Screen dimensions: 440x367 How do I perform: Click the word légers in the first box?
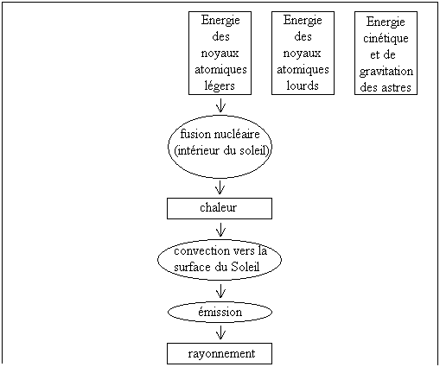[220, 85]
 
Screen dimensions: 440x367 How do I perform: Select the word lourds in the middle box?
[303, 85]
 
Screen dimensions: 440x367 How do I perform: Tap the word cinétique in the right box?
[386, 38]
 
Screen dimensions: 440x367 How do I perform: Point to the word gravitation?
[386, 72]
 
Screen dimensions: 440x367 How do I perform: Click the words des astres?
[386, 87]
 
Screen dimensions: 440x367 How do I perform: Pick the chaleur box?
[220, 208]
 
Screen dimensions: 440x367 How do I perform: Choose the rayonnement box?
[220, 353]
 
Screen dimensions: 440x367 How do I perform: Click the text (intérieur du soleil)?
[222, 150]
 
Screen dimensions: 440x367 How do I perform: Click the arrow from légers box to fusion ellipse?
[220, 105]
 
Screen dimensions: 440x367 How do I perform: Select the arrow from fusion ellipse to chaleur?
[220, 187]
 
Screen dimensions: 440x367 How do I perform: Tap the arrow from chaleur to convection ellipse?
[220, 230]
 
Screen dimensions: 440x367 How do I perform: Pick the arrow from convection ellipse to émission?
[220, 291]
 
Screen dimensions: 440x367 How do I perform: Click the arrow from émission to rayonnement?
[220, 332]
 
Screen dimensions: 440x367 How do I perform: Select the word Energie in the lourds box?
[303, 21]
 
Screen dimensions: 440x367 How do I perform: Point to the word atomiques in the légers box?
[220, 70]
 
